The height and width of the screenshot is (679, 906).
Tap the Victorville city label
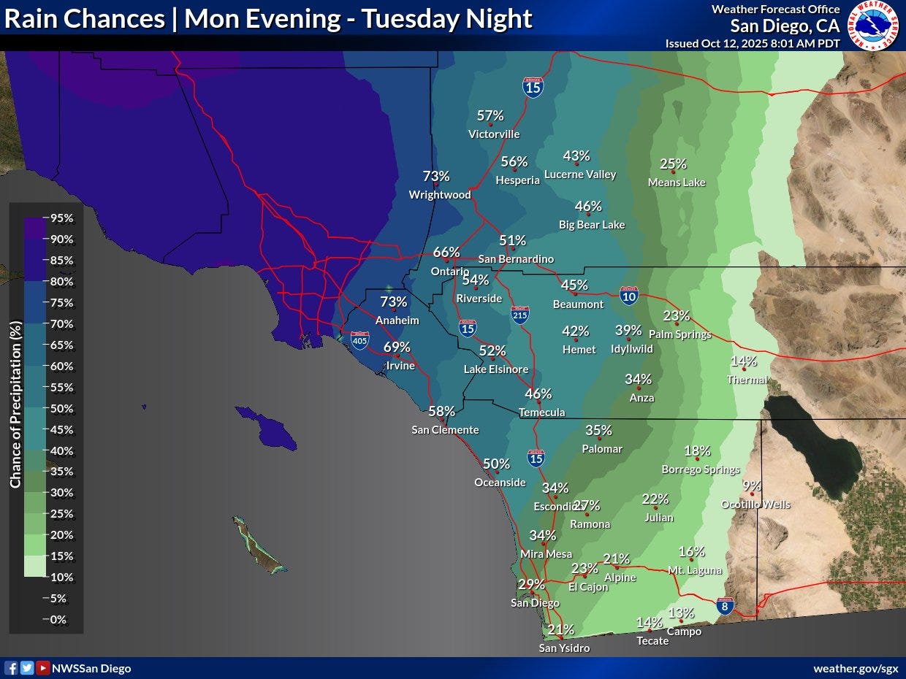(x=494, y=134)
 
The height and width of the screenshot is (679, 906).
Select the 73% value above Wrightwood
(x=436, y=177)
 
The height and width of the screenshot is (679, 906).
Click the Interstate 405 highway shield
(x=359, y=340)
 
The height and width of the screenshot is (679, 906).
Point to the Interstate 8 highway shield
(x=724, y=606)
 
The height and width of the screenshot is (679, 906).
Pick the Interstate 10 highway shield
(x=628, y=295)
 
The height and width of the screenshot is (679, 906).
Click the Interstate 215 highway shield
(x=520, y=315)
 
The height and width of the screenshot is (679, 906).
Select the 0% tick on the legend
(x=58, y=620)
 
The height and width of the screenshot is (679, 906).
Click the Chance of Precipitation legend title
(x=15, y=404)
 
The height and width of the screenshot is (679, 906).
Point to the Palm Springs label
(x=679, y=334)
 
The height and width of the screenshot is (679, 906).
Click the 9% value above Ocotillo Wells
(x=751, y=486)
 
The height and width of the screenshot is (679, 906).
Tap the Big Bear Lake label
(x=592, y=225)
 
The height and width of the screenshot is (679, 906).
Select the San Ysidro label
(x=564, y=648)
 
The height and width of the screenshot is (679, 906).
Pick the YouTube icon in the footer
(x=43, y=668)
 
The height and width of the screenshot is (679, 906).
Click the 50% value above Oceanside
(x=496, y=464)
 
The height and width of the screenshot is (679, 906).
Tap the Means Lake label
(x=677, y=183)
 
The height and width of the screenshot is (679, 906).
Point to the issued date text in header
(x=753, y=43)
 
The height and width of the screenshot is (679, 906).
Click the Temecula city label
(x=541, y=413)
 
